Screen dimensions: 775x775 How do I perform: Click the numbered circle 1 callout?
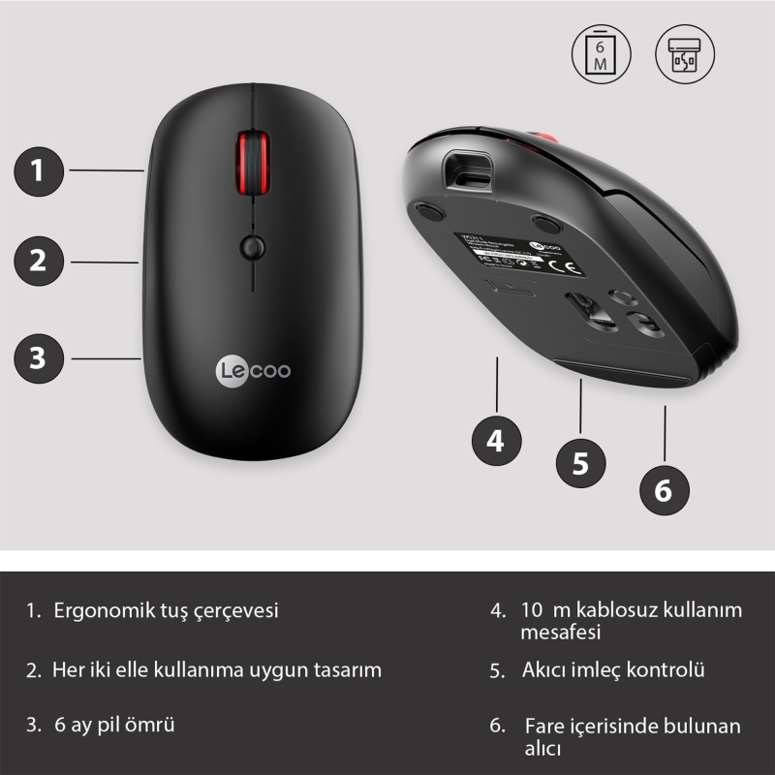coord(38,171)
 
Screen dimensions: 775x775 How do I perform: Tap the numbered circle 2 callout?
coord(38,261)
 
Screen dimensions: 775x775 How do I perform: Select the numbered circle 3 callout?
coord(38,357)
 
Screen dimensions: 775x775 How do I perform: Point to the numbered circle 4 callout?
coord(496,442)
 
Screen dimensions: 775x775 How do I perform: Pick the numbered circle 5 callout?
coord(580,462)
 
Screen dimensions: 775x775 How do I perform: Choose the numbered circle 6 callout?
coord(664,490)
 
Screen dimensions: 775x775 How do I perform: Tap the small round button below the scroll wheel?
coord(252,246)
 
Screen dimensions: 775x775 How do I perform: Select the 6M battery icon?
coord(601,52)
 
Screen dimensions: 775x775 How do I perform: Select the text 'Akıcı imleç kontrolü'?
coord(612,669)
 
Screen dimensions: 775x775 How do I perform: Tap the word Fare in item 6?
coord(543,726)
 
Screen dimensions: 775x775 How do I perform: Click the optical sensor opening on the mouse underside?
coord(588,310)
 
